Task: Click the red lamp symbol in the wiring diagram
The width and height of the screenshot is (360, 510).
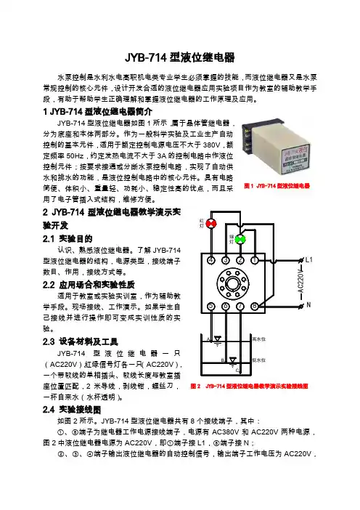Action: click(211, 224)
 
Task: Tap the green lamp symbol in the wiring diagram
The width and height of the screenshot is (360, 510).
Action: click(240, 240)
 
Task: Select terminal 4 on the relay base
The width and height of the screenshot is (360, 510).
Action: click(211, 260)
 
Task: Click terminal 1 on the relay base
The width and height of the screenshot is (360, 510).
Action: click(255, 260)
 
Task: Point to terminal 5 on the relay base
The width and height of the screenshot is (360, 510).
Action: click(211, 307)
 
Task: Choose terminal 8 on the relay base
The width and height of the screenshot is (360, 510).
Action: click(255, 307)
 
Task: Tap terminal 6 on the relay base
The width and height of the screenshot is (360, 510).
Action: click(226, 307)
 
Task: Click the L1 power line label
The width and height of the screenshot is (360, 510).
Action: click(308, 260)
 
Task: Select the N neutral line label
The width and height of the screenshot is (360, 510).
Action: click(308, 305)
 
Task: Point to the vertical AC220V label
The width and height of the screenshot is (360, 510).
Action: click(301, 282)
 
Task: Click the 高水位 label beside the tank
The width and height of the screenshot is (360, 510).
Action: click(259, 339)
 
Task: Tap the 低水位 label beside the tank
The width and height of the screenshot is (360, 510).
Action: click(259, 360)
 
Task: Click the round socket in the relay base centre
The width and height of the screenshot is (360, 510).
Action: click(233, 283)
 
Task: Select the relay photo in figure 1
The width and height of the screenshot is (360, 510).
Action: click(276, 148)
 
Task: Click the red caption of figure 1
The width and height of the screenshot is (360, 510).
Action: click(277, 186)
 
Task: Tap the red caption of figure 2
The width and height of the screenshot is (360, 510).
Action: click(249, 386)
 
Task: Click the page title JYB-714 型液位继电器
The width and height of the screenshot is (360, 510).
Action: click(180, 57)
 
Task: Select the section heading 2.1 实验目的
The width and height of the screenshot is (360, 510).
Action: click(67, 239)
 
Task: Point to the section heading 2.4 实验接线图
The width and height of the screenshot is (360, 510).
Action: click(72, 410)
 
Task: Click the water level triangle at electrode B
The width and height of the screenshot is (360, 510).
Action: click(233, 360)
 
